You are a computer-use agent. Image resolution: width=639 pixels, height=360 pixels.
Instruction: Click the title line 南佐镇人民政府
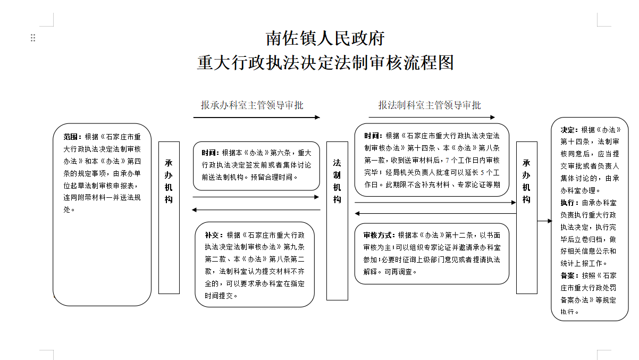[325, 38]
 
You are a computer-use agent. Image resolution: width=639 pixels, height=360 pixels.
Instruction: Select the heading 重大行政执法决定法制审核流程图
[325, 63]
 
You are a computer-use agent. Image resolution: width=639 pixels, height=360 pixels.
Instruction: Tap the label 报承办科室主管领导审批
[252, 105]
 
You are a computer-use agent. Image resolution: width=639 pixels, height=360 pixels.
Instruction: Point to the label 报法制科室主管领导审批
[430, 105]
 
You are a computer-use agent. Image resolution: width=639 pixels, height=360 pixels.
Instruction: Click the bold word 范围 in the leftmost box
[71, 137]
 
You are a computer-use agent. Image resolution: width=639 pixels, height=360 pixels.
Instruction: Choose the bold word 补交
[212, 235]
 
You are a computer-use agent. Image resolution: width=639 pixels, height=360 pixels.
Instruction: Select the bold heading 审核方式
[377, 235]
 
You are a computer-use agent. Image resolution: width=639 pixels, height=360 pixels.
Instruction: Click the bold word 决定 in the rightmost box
[568, 130]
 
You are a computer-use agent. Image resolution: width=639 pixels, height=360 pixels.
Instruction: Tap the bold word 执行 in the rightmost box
[568, 203]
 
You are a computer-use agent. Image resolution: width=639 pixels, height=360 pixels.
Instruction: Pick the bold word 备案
[568, 275]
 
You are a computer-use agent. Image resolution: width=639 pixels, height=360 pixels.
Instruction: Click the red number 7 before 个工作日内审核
[447, 161]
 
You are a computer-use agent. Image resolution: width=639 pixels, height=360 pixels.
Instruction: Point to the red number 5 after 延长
[482, 173]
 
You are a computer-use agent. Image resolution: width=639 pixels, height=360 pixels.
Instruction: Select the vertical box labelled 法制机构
[337, 221]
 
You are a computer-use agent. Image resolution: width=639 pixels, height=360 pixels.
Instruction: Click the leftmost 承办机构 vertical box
[169, 217]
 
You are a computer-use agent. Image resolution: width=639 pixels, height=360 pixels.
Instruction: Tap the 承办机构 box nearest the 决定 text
[527, 217]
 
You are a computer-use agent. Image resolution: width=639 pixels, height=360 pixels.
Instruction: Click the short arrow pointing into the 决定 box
[544, 221]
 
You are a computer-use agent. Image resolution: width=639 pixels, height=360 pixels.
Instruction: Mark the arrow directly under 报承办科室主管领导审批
[256, 117]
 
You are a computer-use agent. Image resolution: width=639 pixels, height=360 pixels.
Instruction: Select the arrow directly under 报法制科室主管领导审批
[432, 117]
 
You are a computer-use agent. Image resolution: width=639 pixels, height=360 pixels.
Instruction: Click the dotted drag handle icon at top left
[33, 38]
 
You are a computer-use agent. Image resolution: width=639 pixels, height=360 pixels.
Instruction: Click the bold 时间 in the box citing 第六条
[209, 153]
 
